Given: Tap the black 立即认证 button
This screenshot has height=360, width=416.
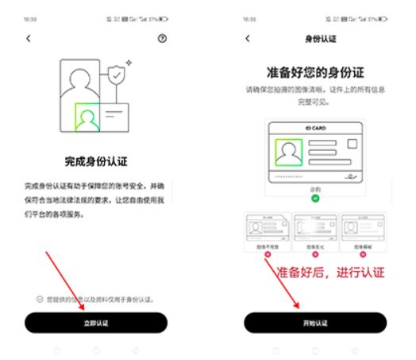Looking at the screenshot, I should (x=96, y=323).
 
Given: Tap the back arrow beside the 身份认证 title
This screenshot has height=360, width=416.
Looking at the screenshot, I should (x=248, y=37).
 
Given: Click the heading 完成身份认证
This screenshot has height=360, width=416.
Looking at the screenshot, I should (x=96, y=158).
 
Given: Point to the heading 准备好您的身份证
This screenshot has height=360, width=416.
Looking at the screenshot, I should (x=315, y=71).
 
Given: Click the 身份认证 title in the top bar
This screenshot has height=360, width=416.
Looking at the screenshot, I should (x=315, y=37).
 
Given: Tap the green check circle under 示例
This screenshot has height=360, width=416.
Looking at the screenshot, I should (x=316, y=198).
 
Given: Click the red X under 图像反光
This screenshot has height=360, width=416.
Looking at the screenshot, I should (x=315, y=254).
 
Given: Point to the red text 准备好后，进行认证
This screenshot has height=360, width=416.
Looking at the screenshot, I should (x=331, y=273).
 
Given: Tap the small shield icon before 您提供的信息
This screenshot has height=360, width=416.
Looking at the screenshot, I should (x=40, y=300).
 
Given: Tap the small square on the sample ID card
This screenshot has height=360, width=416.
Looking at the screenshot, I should (x=352, y=144).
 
